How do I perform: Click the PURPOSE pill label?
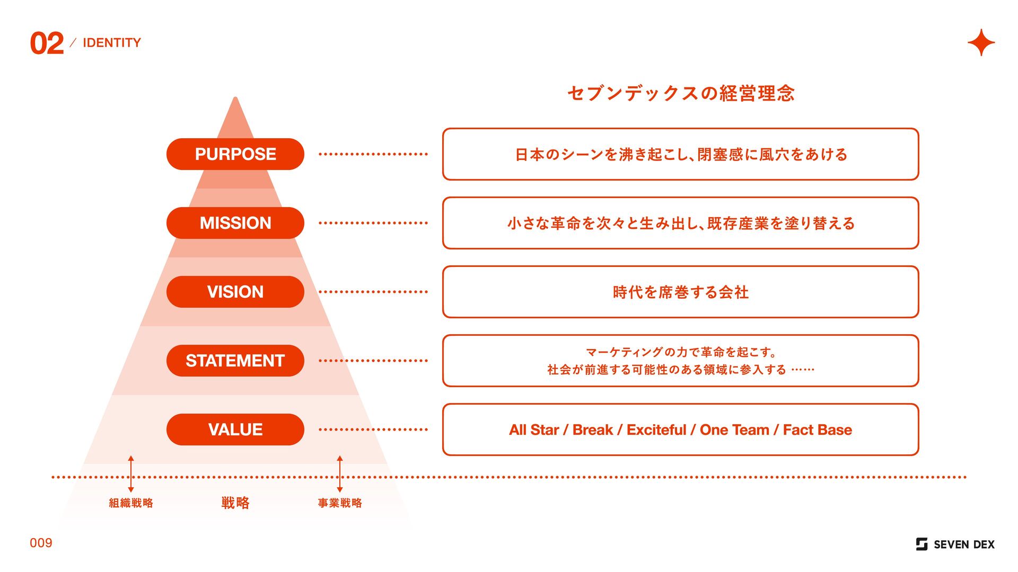235,154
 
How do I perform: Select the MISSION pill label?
235,223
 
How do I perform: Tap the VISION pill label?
235,292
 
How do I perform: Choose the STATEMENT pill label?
235,361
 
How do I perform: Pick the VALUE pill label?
235,430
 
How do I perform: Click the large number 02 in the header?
47,43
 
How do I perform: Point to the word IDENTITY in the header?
112,43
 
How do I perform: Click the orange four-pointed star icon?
981,42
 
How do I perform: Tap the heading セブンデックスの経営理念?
681,93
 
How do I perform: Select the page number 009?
41,543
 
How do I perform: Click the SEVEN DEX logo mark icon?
922,544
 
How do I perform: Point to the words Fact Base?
817,430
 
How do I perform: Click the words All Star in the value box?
534,430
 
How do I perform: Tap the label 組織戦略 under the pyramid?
131,503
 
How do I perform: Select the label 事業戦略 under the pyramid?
340,503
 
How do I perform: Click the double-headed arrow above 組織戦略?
131,473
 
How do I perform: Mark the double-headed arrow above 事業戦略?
340,473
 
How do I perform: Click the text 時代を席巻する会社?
681,292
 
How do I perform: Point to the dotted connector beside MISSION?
373,223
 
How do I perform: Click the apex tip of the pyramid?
235,100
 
